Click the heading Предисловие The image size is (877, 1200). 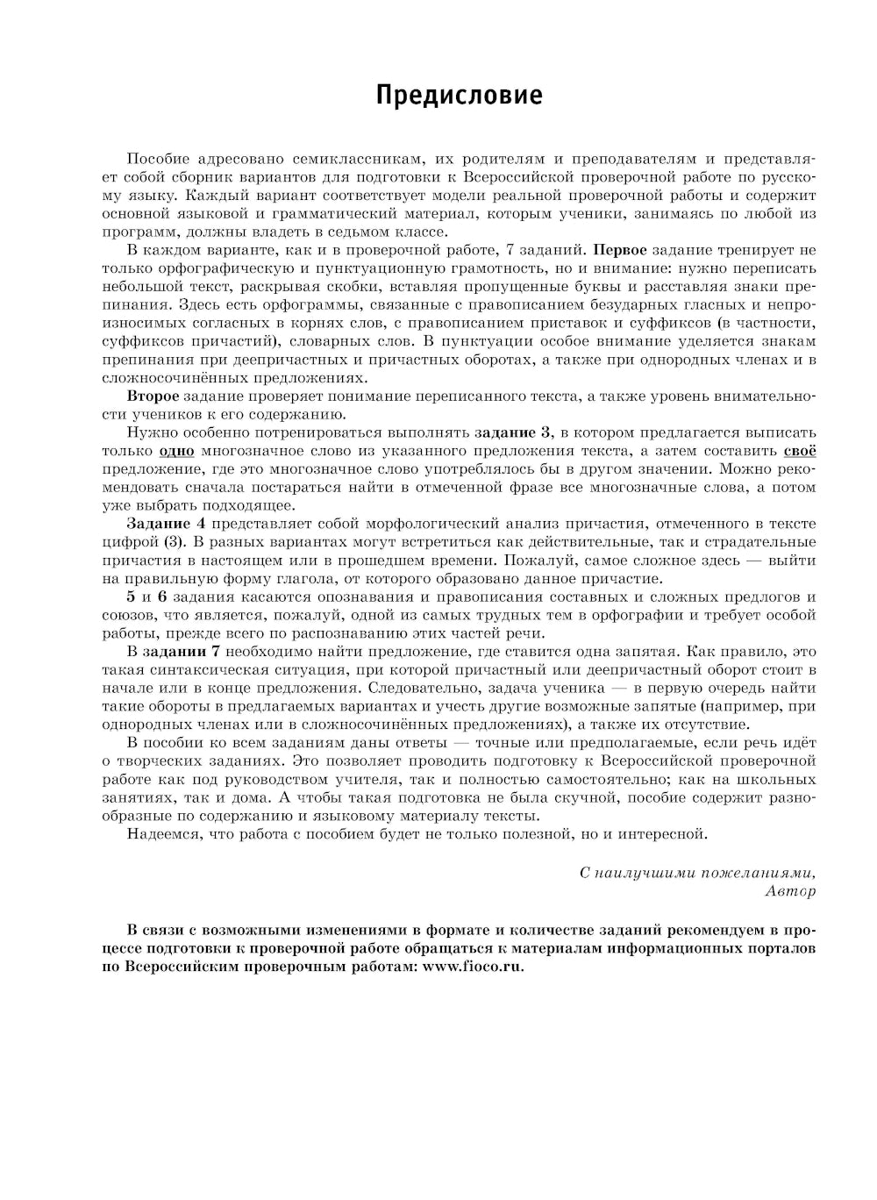[459, 96]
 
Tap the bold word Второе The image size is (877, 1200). [153, 396]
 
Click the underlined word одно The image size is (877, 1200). [176, 451]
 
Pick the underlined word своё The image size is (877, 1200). [799, 451]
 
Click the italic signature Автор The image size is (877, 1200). [790, 891]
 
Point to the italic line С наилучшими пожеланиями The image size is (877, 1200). [697, 873]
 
